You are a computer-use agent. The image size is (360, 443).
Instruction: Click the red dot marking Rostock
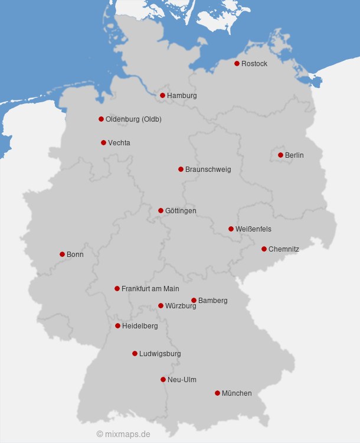tap(237, 63)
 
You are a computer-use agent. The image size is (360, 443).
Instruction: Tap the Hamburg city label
tap(182, 96)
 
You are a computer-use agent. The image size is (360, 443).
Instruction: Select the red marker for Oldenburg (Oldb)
tap(101, 119)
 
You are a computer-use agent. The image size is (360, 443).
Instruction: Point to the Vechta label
tap(119, 143)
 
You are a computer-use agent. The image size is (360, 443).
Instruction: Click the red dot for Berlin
tap(280, 155)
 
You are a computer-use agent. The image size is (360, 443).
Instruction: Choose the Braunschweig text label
tap(208, 170)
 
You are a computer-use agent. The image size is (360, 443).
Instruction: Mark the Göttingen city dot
tap(161, 210)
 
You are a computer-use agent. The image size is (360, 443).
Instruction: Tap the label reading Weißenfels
tap(253, 229)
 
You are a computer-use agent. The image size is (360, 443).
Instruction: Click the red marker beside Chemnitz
tap(264, 249)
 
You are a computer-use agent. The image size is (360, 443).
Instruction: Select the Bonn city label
tap(75, 255)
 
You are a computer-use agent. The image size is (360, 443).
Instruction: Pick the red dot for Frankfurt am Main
tap(117, 288)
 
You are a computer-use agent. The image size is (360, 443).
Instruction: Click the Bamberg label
tap(212, 301)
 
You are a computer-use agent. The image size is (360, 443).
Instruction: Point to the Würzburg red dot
tap(161, 305)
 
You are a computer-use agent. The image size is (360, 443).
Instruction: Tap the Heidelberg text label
tap(140, 326)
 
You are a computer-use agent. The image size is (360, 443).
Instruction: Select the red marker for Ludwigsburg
tap(135, 353)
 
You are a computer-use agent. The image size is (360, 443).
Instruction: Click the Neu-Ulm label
tap(182, 380)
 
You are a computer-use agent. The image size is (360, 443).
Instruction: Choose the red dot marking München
tap(217, 393)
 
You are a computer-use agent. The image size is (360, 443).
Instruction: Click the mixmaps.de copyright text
tap(123, 434)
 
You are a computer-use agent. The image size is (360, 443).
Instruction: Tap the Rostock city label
tap(254, 64)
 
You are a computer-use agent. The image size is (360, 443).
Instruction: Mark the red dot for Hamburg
tap(162, 95)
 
